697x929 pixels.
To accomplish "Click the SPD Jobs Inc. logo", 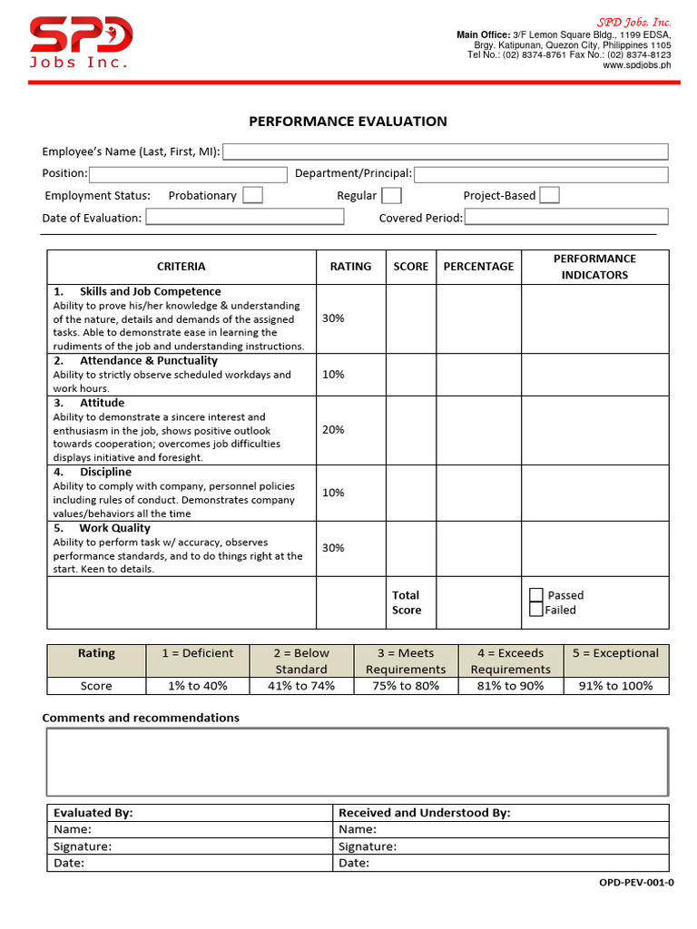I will point(81,42).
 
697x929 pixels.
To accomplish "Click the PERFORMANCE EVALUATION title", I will point(348,122).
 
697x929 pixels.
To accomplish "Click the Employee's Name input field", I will point(445,152).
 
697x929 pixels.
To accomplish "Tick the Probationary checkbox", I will point(252,195).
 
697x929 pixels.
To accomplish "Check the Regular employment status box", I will point(391,195).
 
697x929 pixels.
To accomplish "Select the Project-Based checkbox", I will point(549,195).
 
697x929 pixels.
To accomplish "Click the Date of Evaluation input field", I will point(245,217).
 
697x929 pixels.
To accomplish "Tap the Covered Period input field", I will point(566,217).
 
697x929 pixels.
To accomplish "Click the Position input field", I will point(188,174).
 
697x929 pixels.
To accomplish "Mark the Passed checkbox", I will point(536,595).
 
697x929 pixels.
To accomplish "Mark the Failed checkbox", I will point(536,610).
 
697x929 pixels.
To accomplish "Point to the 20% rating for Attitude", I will point(333,429).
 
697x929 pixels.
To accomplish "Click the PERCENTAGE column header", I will point(478,267).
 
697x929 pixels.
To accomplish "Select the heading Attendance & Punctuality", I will point(148,360).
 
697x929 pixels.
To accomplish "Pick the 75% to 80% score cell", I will point(406,686).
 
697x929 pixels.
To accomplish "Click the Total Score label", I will point(406,602).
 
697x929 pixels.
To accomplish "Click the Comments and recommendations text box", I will point(357,762).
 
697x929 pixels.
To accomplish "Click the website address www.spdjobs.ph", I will point(636,65).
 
